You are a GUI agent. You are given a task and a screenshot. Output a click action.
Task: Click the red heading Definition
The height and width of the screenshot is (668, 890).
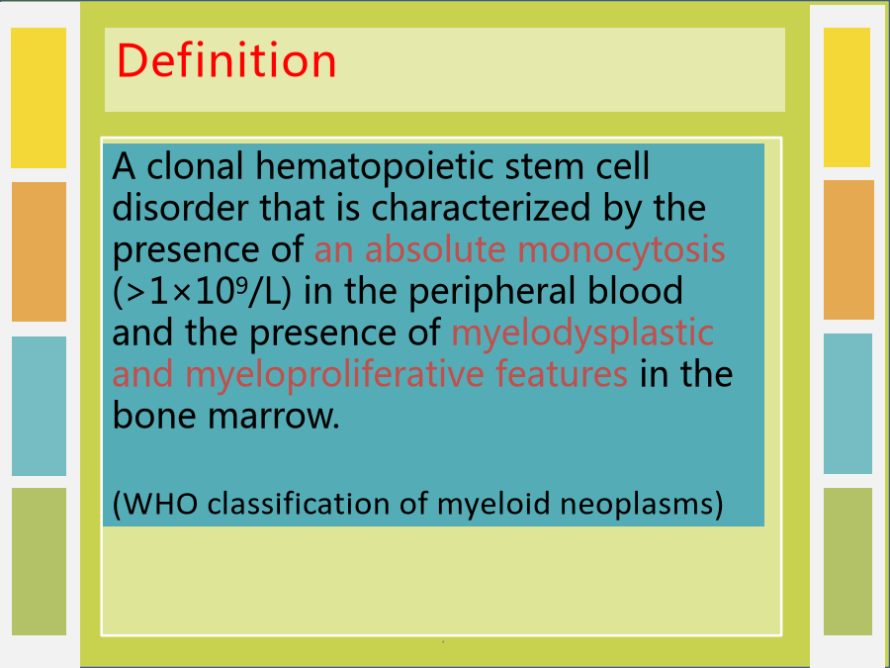click(x=226, y=60)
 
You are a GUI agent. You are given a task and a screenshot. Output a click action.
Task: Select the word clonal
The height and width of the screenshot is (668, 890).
click(x=195, y=166)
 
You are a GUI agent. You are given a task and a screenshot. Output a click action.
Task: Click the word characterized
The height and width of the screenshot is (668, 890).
click(x=481, y=208)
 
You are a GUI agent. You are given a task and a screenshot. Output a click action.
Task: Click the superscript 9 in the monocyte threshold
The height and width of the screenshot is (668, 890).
click(x=241, y=284)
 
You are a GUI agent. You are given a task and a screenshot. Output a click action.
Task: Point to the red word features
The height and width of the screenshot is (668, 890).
click(x=562, y=373)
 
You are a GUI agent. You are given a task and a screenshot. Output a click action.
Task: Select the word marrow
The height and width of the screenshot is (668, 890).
click(x=274, y=417)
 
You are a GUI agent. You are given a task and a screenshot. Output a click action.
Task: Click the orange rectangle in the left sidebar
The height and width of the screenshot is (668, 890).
click(x=40, y=251)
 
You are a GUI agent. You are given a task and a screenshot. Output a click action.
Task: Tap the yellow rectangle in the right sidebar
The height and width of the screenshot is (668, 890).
click(x=846, y=97)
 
